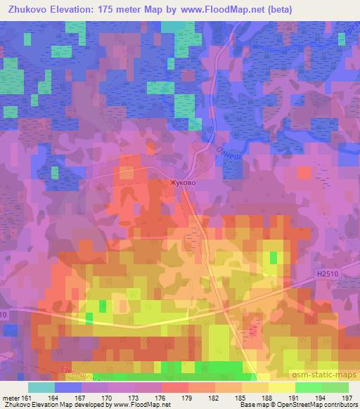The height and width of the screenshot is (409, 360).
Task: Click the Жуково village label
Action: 182,182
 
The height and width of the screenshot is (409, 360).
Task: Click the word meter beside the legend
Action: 11,398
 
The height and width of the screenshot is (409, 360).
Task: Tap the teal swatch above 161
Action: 41,387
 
